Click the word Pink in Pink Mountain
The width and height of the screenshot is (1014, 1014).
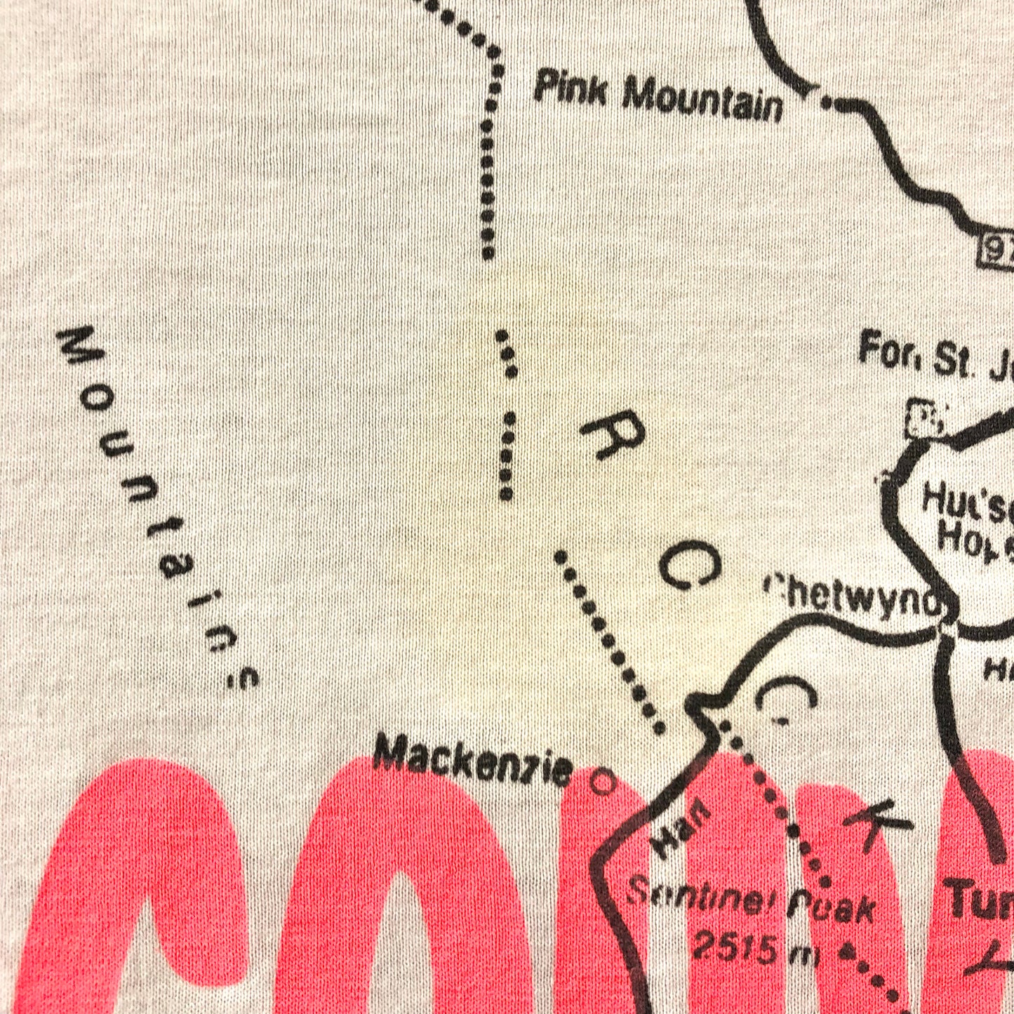coord(570,90)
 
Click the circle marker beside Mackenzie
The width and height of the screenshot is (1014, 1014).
coord(601,781)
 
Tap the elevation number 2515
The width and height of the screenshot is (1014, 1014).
coord(735,947)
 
